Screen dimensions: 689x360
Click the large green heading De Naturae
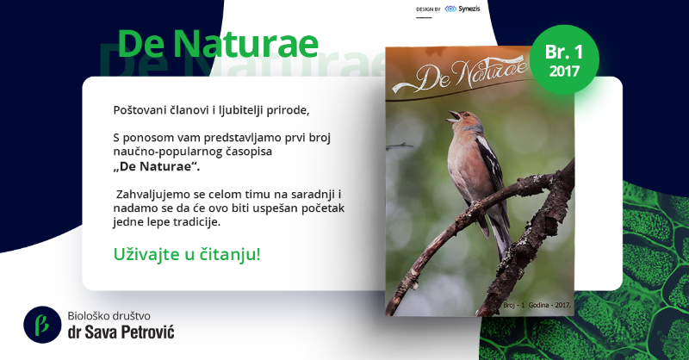click(218, 44)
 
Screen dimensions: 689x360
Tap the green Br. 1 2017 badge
click(564, 59)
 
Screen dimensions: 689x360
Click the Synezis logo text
click(469, 9)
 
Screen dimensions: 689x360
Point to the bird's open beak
click(454, 116)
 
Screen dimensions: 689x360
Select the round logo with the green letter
click(42, 325)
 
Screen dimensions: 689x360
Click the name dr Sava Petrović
click(121, 332)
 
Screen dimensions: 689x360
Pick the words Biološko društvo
click(109, 315)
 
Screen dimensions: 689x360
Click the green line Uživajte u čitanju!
click(187, 254)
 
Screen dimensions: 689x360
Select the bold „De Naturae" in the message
click(157, 166)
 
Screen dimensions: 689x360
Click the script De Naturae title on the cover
click(461, 77)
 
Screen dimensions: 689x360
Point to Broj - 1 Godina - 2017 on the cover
click(537, 305)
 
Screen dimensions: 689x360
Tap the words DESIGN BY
click(428, 9)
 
